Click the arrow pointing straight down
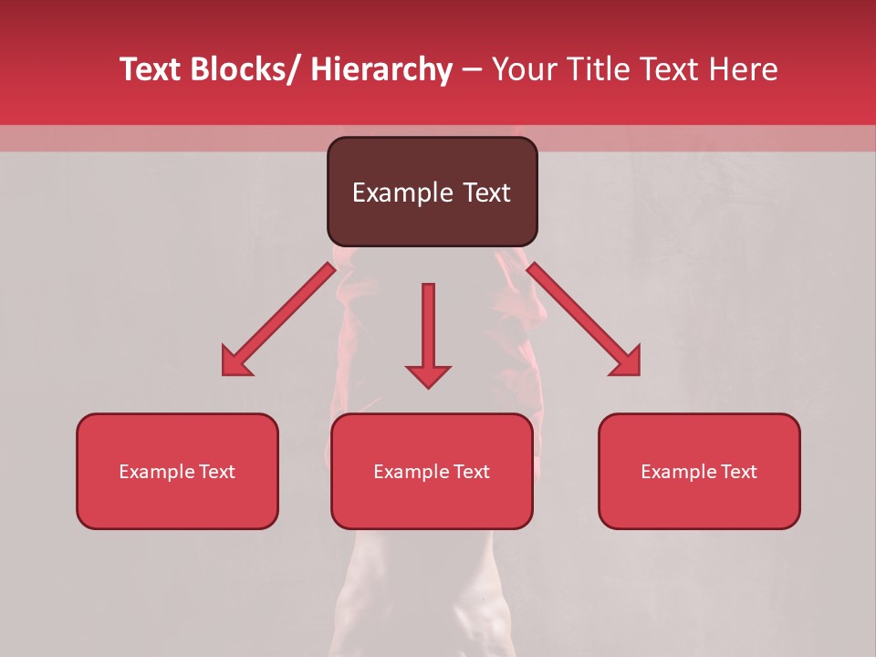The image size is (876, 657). click(x=428, y=334)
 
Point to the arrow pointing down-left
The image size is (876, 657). click(x=278, y=319)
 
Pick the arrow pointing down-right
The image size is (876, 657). click(x=584, y=319)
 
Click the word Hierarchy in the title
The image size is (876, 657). click(x=381, y=69)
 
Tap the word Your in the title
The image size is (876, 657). click(x=523, y=69)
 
